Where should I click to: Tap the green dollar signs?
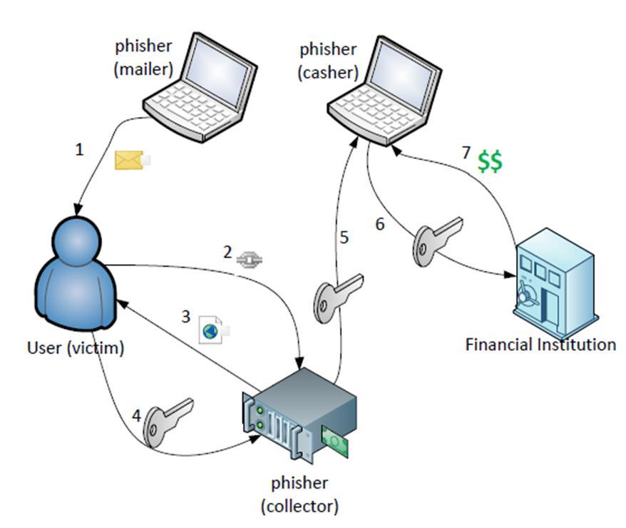[490, 161]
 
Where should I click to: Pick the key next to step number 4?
[168, 420]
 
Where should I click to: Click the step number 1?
[79, 150]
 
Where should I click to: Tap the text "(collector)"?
[300, 506]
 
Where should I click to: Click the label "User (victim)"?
[76, 348]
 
